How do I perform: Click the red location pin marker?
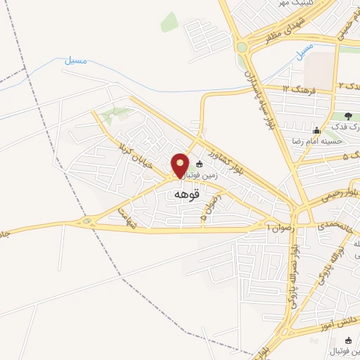click(x=181, y=165)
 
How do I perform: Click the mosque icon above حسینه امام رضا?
click(x=317, y=130)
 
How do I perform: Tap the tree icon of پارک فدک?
click(x=347, y=115)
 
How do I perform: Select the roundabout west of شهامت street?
click(x=87, y=221)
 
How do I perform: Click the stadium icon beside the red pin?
click(x=198, y=164)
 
